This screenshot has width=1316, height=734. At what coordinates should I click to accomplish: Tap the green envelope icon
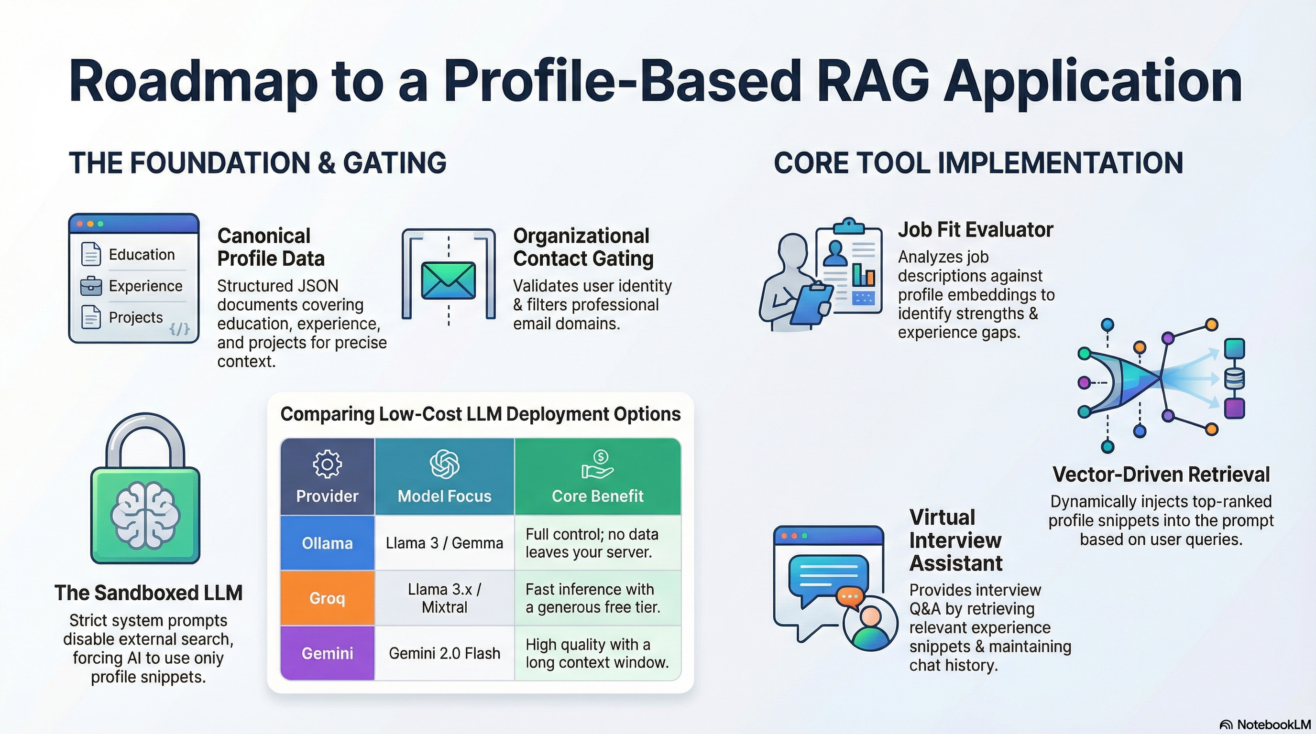coord(448,281)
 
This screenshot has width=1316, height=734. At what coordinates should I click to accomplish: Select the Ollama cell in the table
coord(327,543)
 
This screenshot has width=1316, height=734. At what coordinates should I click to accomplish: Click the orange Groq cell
coord(327,598)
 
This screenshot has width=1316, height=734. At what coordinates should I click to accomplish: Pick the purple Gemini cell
coord(327,653)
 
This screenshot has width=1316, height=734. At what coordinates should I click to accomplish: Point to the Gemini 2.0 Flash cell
coord(444,653)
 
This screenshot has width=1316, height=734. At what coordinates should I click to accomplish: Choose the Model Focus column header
coord(444,496)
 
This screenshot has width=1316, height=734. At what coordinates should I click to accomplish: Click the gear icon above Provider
coord(327,464)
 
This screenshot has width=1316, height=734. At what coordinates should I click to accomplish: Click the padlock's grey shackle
coord(145,434)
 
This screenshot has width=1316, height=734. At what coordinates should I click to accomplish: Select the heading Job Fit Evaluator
coord(975,230)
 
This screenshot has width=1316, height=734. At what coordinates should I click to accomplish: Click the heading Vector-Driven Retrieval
coord(1161,475)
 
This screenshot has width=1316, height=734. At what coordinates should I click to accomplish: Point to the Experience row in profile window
coord(145,286)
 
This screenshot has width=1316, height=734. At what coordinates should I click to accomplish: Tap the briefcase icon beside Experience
coord(91,286)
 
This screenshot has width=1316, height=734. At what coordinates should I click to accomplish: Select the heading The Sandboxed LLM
coord(148,593)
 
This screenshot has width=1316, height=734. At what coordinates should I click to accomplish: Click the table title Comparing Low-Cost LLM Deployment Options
coord(480,414)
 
